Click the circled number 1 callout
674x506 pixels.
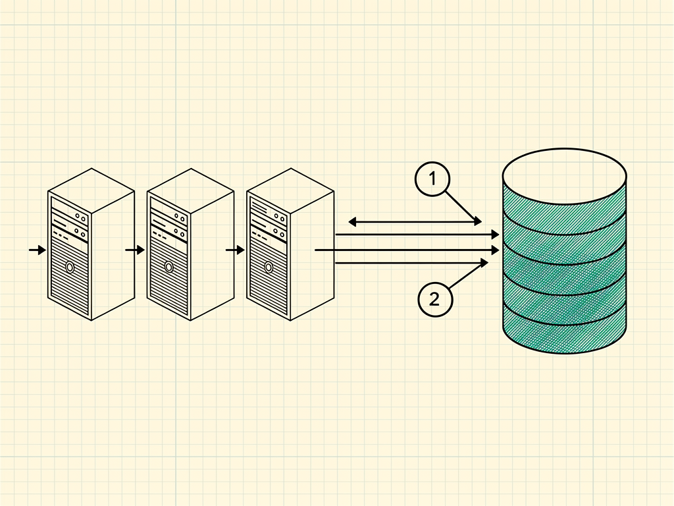pos(432,179)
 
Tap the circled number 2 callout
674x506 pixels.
pos(435,300)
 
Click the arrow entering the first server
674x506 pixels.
pos(38,250)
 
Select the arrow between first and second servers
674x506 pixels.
pos(135,250)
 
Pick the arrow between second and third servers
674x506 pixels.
pos(235,250)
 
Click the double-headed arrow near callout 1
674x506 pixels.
pos(415,222)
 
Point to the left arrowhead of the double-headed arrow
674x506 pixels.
pos(352,222)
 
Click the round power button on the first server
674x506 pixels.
pos(70,267)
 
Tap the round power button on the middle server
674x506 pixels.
pos(169,267)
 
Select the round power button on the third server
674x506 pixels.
pos(269,267)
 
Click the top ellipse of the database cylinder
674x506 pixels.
pos(564,175)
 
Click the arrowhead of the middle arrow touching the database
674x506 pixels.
pos(495,250)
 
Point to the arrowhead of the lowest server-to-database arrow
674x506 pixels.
pos(484,262)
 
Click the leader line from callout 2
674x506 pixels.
pos(468,275)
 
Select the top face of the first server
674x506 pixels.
pos(91,190)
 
